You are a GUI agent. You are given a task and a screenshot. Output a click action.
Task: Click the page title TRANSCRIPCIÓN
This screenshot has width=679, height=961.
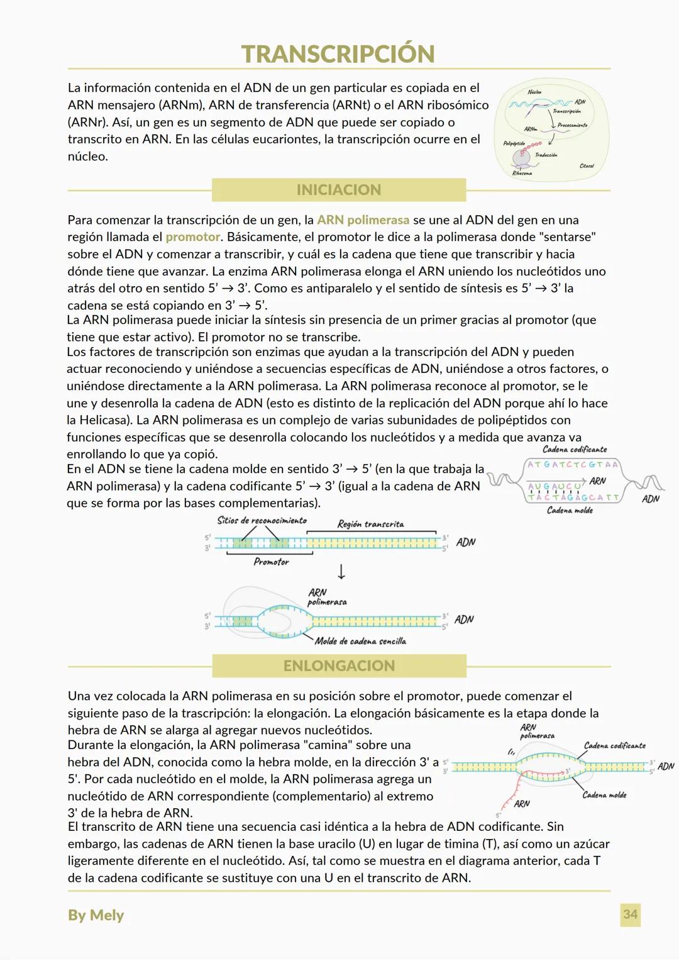click(338, 54)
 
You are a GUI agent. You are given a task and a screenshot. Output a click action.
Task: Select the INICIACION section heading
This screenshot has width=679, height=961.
click(338, 190)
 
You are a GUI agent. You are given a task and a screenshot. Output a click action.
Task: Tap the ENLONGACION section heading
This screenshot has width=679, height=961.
click(339, 666)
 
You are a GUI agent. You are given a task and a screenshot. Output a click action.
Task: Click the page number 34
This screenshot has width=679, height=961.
click(630, 914)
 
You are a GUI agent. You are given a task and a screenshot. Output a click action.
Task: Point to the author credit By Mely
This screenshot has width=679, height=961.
click(96, 915)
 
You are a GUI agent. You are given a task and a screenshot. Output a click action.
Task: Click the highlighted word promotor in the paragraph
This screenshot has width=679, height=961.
click(193, 237)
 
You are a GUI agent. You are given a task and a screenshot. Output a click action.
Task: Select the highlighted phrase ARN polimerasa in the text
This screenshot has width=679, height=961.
click(363, 220)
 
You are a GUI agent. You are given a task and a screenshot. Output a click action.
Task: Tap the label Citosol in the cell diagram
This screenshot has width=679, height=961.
click(586, 166)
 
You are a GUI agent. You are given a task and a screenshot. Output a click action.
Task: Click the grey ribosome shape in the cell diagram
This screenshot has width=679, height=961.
click(524, 158)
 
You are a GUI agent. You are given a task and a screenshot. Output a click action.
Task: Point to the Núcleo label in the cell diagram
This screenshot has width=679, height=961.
click(534, 92)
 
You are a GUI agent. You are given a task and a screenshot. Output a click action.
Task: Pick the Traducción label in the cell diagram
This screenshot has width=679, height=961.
click(546, 155)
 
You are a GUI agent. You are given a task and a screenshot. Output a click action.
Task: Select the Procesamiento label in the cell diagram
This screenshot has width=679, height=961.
click(572, 125)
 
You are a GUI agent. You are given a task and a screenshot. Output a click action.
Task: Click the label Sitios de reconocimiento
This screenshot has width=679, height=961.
click(262, 521)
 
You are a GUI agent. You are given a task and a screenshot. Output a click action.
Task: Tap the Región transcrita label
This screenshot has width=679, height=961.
click(370, 524)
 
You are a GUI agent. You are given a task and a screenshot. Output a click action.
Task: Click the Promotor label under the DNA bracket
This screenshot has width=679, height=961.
click(271, 562)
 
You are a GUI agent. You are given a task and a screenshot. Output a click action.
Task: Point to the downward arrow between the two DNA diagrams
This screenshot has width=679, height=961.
click(341, 572)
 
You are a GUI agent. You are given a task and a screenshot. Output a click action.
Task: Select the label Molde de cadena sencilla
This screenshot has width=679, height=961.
click(360, 641)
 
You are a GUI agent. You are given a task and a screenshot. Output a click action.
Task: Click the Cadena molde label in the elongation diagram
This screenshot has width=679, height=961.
click(605, 795)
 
